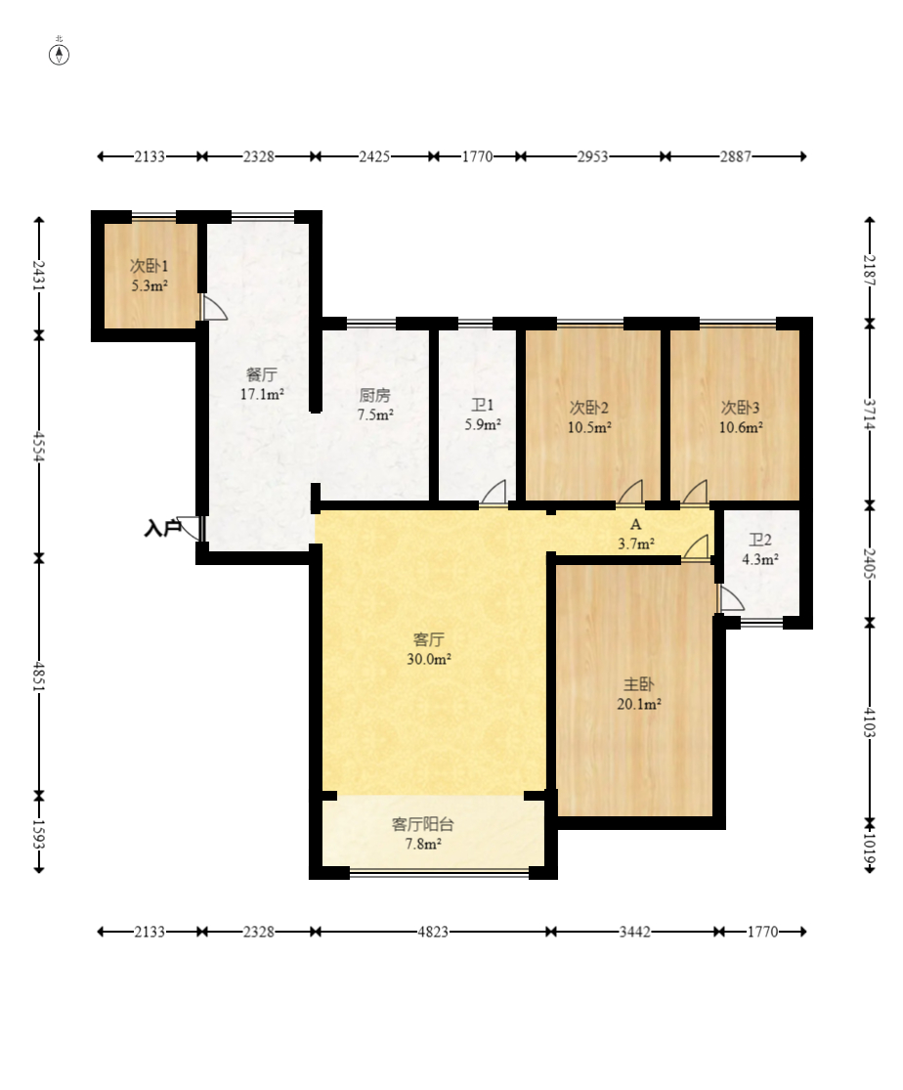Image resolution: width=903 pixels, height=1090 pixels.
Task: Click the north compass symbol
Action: (x=59, y=54)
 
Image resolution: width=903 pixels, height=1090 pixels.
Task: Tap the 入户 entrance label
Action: (x=162, y=528)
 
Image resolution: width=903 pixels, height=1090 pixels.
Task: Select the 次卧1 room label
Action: (x=150, y=266)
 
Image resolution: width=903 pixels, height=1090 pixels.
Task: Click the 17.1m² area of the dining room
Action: (x=262, y=394)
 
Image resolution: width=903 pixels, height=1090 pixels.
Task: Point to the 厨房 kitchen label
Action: (x=374, y=396)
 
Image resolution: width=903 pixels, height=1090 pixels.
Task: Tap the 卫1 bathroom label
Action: (x=483, y=405)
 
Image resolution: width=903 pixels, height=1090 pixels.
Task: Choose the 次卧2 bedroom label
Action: (x=589, y=408)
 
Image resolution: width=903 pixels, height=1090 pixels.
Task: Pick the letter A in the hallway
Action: (x=635, y=525)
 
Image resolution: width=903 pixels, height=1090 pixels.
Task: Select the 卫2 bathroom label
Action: (x=759, y=540)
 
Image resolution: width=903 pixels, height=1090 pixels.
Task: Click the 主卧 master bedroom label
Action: (x=638, y=684)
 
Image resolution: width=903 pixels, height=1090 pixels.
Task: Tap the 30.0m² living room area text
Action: (x=429, y=659)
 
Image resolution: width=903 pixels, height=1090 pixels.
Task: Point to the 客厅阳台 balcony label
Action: (x=422, y=824)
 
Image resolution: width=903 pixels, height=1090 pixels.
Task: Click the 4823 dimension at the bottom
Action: (x=432, y=932)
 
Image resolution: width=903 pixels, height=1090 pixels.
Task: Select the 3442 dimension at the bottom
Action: (x=634, y=932)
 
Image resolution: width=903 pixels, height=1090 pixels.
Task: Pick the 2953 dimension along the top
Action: (x=592, y=156)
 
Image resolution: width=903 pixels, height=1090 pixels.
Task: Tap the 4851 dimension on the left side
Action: (x=39, y=676)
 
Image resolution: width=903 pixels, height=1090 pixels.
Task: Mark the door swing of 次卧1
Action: (x=214, y=307)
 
